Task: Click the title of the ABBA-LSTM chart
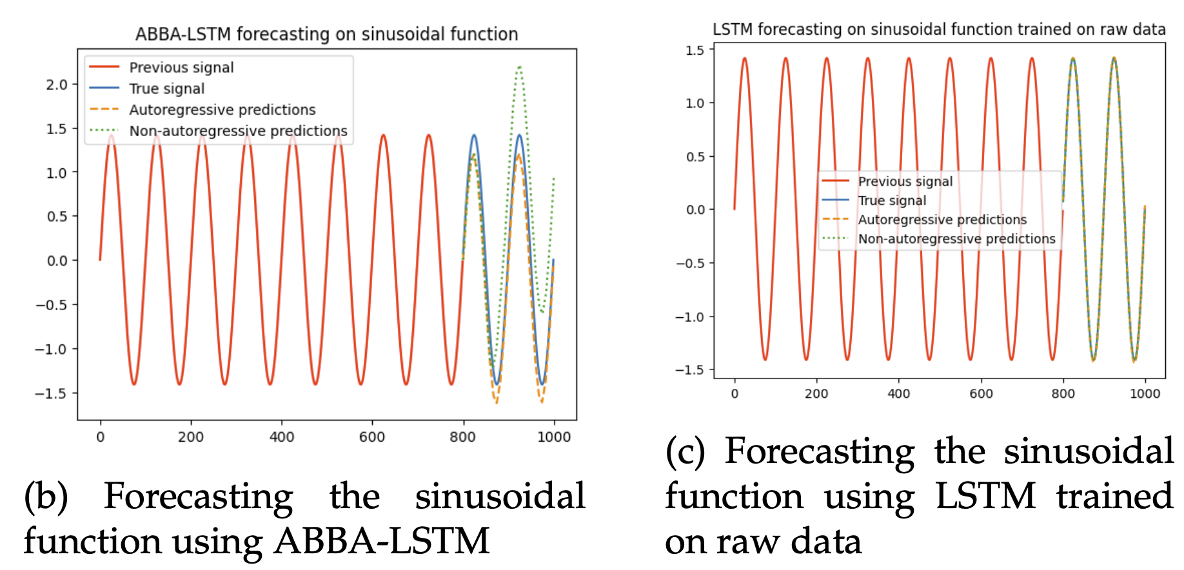coord(326,34)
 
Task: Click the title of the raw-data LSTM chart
coord(939,30)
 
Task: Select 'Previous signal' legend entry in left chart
coord(181,68)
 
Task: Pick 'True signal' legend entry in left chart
coord(166,89)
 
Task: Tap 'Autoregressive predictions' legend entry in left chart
coord(222,110)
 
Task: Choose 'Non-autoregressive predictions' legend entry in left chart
coord(238,131)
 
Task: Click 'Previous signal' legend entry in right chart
coord(905,182)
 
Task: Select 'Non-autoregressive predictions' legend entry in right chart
coord(956,239)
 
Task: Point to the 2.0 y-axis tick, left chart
coord(57,84)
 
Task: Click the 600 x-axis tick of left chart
coord(372,437)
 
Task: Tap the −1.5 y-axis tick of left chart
coord(52,393)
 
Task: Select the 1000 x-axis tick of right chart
coord(1145,394)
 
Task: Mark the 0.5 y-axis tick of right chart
coord(695,157)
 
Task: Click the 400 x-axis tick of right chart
coord(898,394)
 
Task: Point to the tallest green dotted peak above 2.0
coord(519,67)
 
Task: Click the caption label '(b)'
coord(46,496)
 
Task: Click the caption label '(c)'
coord(686,451)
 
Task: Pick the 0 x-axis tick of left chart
coord(100,437)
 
